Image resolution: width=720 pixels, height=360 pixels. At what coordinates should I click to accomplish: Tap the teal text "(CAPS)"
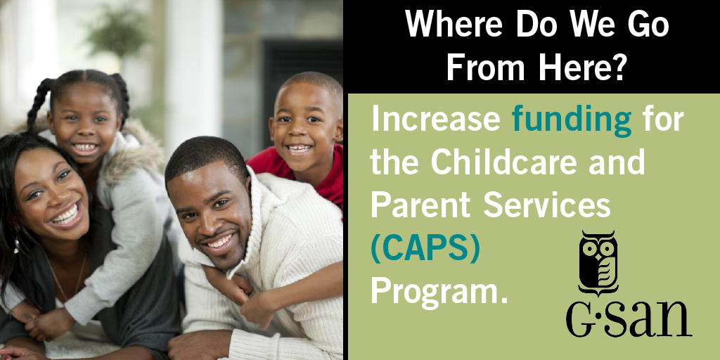coord(425,250)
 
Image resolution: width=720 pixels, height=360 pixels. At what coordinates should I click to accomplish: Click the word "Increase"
coord(435,118)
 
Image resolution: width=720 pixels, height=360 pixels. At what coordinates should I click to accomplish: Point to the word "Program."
coord(440,292)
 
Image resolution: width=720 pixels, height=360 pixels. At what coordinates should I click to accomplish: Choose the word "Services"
coord(547,205)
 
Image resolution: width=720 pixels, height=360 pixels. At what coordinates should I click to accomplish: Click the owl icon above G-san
coord(598,263)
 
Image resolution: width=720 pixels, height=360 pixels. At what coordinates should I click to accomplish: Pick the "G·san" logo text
coord(629,319)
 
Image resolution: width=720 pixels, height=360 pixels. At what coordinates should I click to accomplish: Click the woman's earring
coord(17,245)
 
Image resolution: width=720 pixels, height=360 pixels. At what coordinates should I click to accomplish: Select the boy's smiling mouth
coord(298,149)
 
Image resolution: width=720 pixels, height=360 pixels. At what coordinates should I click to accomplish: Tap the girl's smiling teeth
coord(84,148)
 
